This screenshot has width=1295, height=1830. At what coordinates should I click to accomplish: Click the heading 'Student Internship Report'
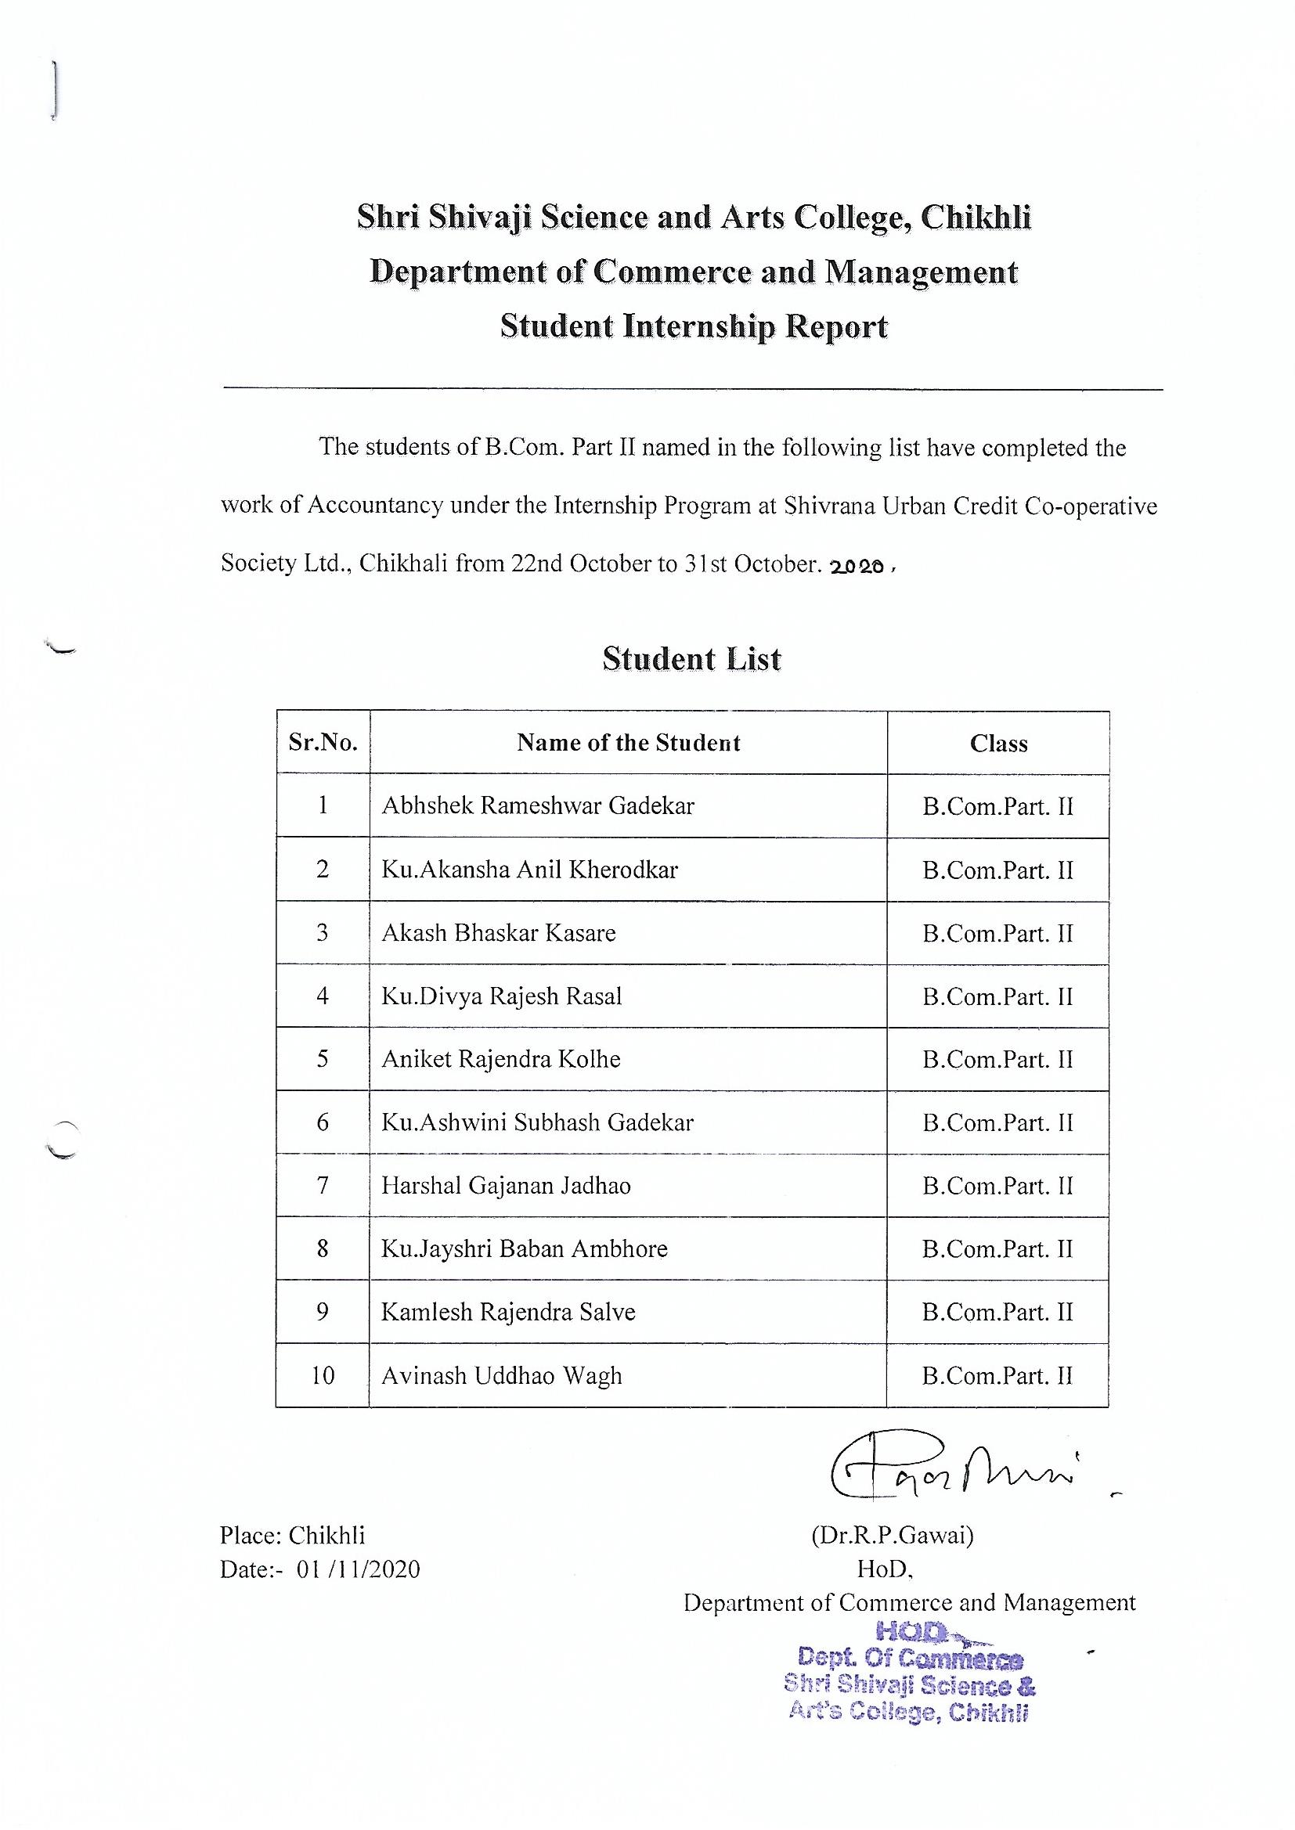pyautogui.click(x=694, y=327)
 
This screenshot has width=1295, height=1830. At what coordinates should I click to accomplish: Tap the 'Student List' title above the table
pyautogui.click(x=691, y=659)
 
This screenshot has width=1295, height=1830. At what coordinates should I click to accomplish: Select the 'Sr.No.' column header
pyautogui.click(x=323, y=743)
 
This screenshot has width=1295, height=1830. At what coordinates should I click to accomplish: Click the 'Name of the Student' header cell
pyautogui.click(x=629, y=743)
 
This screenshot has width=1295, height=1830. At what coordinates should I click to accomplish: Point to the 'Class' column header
pyautogui.click(x=998, y=744)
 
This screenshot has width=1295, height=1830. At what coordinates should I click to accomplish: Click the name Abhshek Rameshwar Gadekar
pyautogui.click(x=537, y=805)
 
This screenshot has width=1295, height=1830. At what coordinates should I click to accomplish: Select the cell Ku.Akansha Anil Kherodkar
pyautogui.click(x=529, y=869)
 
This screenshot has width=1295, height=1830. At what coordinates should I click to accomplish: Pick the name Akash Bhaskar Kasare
pyautogui.click(x=499, y=932)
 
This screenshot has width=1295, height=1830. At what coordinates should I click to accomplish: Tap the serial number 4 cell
pyautogui.click(x=323, y=996)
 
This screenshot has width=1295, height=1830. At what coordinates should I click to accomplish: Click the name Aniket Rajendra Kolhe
pyautogui.click(x=501, y=1059)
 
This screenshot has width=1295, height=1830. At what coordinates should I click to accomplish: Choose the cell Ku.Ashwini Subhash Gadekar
pyautogui.click(x=537, y=1122)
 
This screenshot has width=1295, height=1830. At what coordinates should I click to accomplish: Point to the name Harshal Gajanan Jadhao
pyautogui.click(x=506, y=1186)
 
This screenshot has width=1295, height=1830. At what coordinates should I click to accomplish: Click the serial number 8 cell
pyautogui.click(x=323, y=1249)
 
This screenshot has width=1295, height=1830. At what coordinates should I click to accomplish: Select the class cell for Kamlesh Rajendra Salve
pyautogui.click(x=997, y=1312)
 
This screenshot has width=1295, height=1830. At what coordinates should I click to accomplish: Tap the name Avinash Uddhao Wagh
pyautogui.click(x=502, y=1376)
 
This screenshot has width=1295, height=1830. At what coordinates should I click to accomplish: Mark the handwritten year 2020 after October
pyautogui.click(x=857, y=567)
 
